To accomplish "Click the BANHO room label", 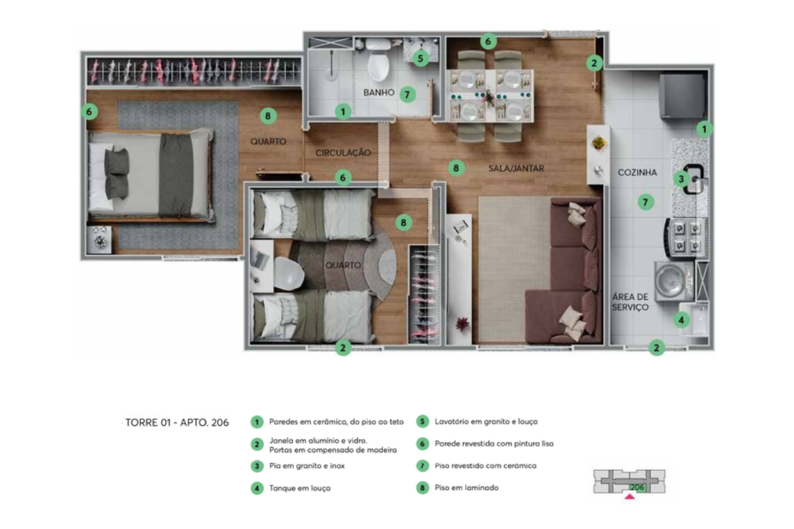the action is [x=378, y=93].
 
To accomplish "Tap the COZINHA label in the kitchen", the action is [x=637, y=173].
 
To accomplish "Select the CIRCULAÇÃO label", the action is [x=343, y=153].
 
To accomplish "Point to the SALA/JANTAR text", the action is [x=516, y=168].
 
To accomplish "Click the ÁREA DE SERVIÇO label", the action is [x=630, y=302].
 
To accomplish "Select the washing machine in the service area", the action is [x=674, y=281].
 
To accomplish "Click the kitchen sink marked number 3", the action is [x=693, y=180].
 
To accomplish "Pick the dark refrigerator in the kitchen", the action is [x=682, y=95].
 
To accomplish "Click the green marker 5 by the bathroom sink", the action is [x=420, y=59].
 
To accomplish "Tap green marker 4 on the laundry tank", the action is [x=681, y=320].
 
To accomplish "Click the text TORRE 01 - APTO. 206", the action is [x=176, y=422].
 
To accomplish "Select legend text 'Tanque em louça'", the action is [x=300, y=488].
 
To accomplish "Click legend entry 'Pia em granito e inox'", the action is [x=307, y=466].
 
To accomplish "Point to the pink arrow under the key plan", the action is [x=629, y=496].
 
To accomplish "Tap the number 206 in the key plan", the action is [x=637, y=488].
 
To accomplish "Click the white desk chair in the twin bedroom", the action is [x=289, y=272].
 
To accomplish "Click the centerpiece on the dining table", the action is [x=490, y=96].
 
